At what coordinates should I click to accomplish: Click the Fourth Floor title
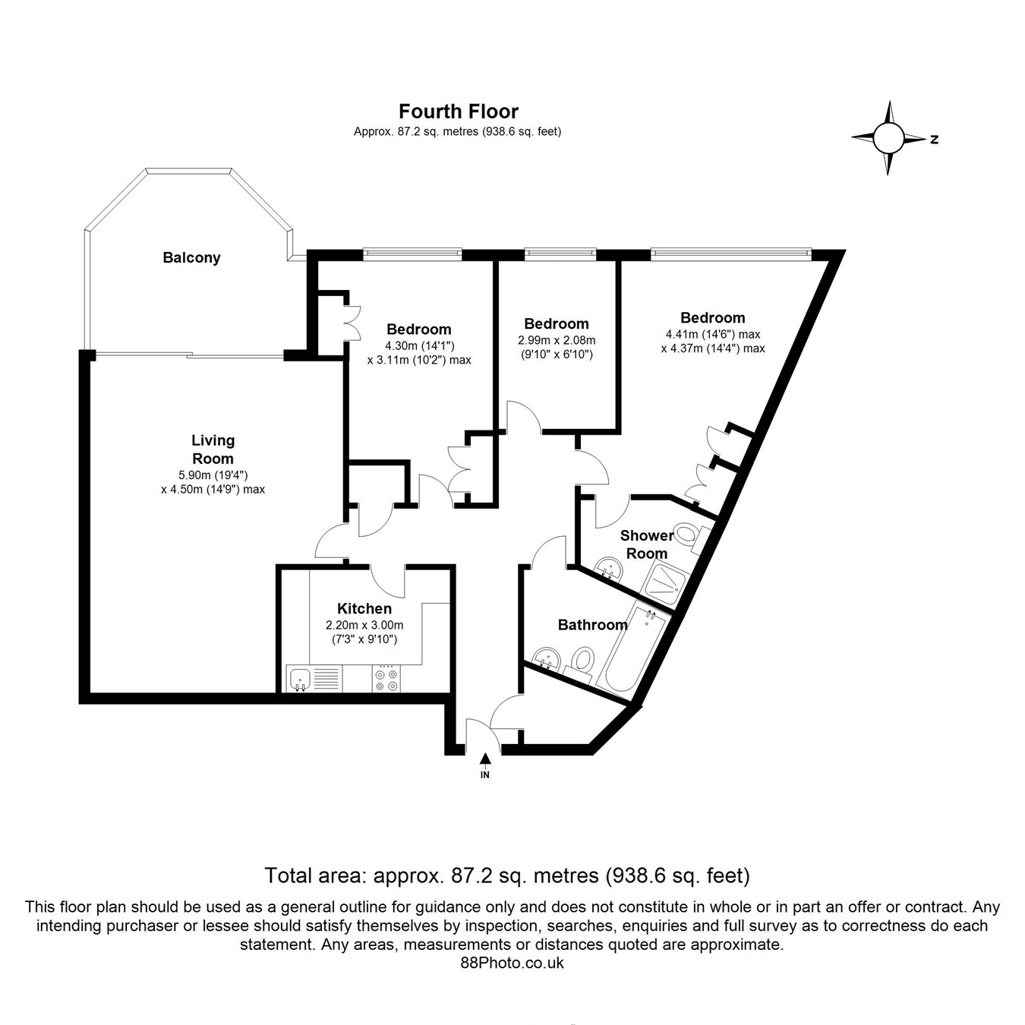(459, 112)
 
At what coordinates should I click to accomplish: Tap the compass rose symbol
(888, 138)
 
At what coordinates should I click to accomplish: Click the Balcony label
(191, 257)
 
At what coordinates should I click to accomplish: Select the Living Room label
(213, 449)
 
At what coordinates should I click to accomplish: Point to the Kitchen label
(364, 608)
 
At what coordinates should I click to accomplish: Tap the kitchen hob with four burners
(385, 677)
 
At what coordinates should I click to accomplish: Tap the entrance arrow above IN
(485, 758)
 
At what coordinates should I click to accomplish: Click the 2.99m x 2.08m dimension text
(557, 340)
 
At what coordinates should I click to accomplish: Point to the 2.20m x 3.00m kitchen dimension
(364, 625)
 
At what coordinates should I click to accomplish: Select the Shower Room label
(647, 544)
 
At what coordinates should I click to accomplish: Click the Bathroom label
(592, 625)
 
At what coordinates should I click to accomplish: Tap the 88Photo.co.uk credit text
(512, 963)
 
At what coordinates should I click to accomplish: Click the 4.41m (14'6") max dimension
(713, 334)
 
